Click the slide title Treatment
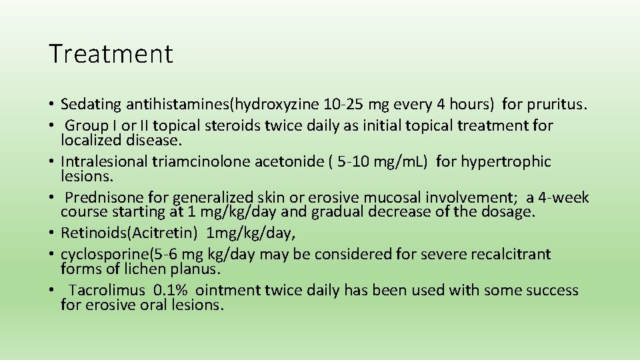[111, 54]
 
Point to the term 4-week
[565, 198]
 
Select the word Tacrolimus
[107, 291]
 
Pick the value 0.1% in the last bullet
[171, 291]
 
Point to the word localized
[90, 140]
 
